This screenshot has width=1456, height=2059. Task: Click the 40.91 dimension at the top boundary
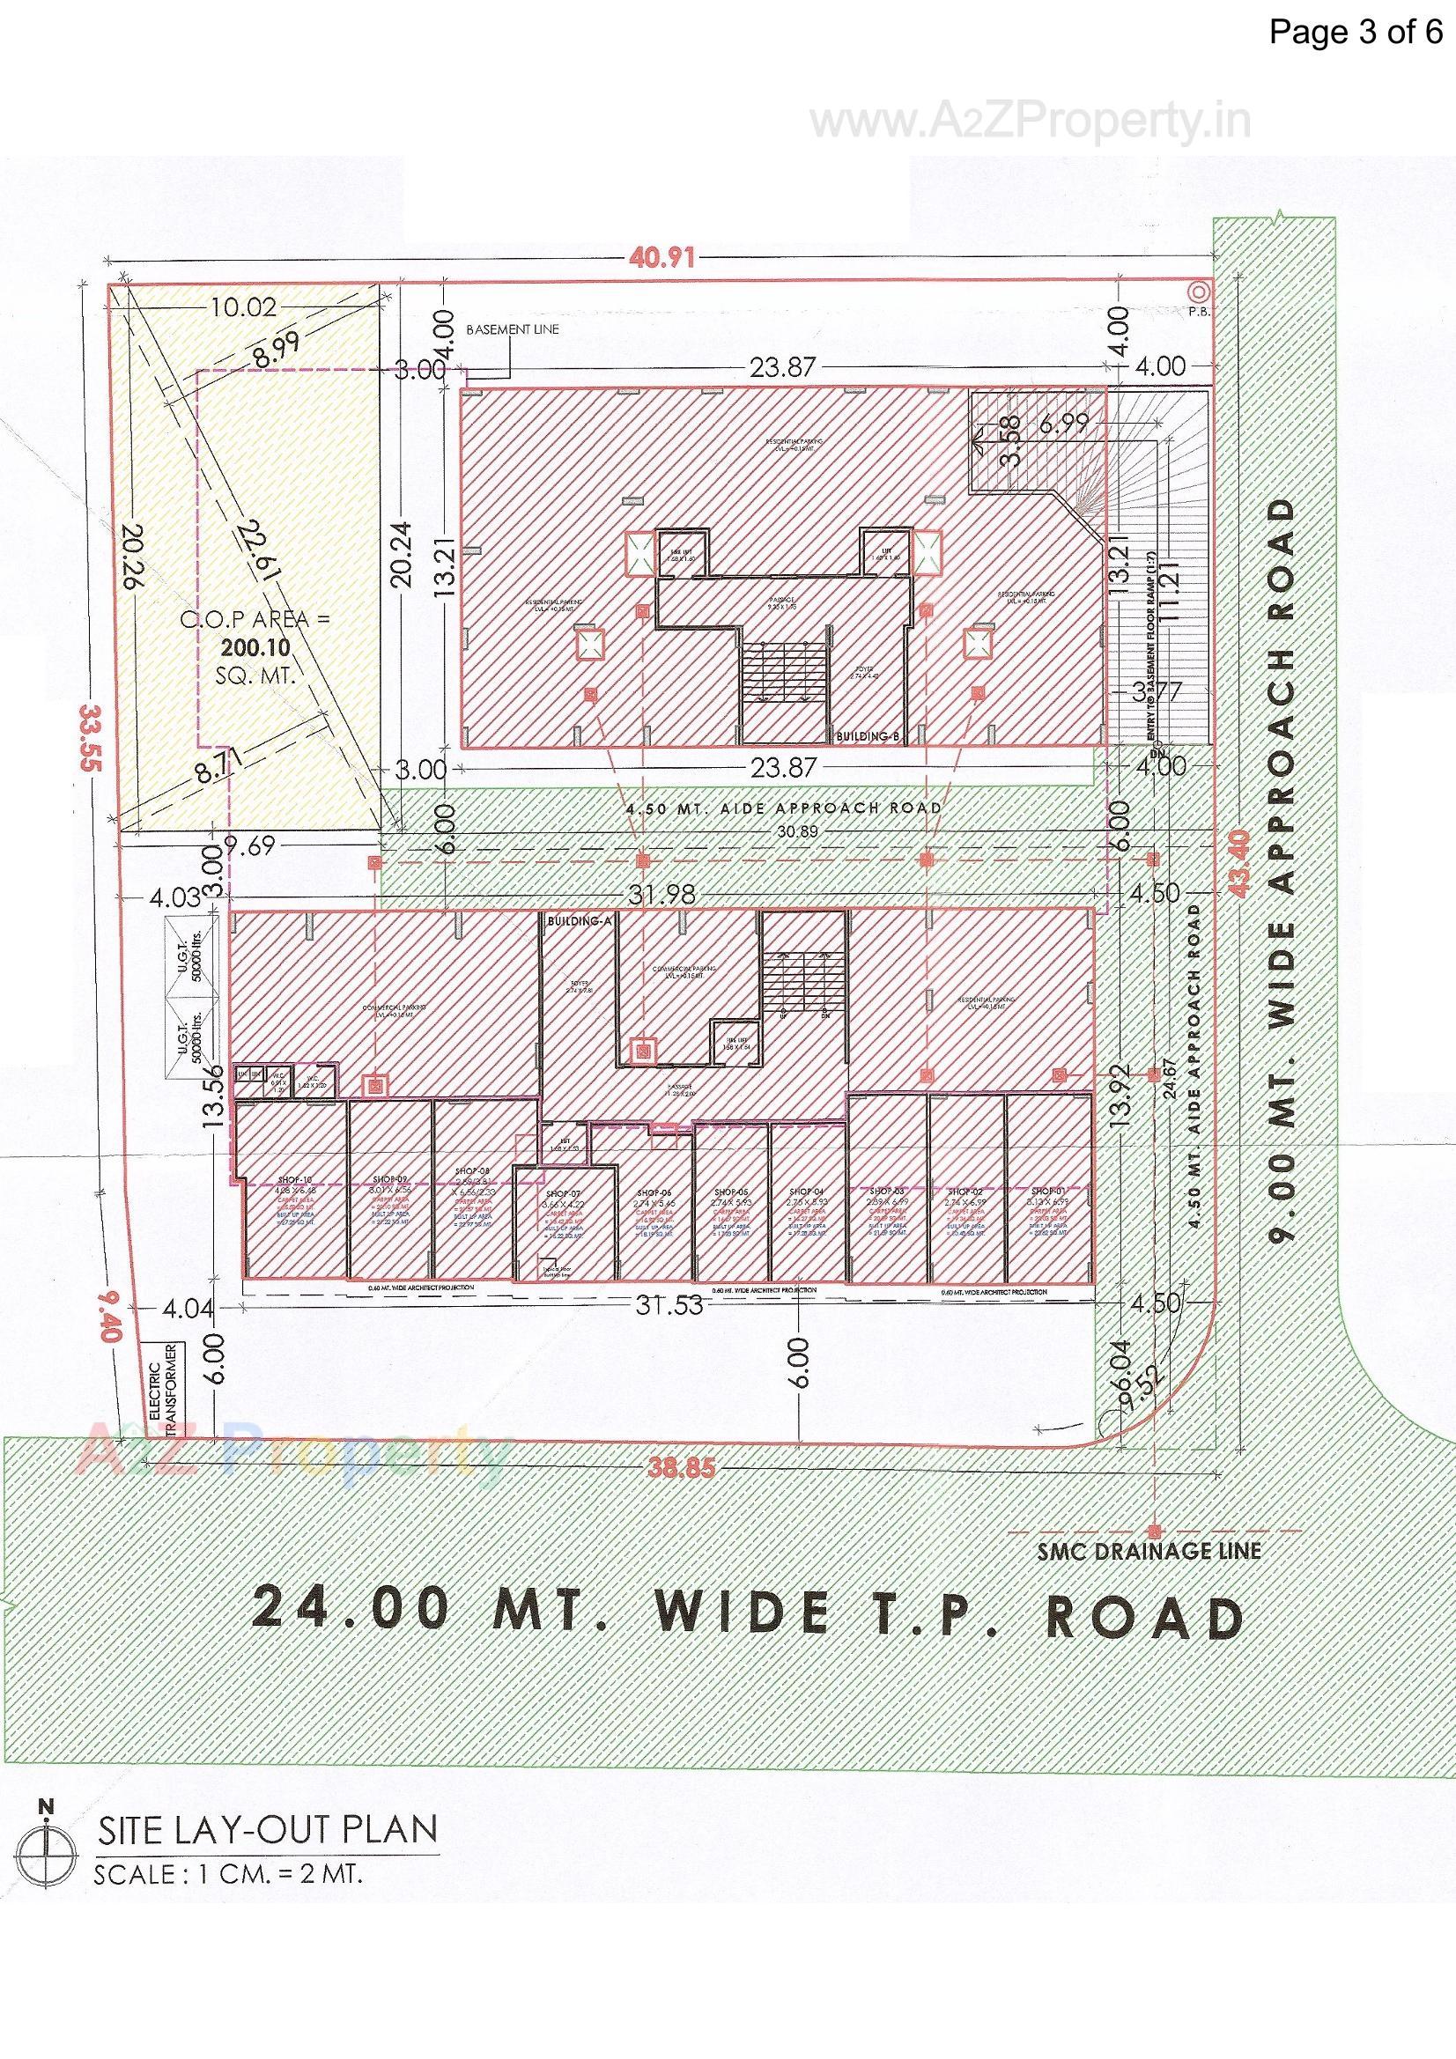662,258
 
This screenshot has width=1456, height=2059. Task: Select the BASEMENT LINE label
513,329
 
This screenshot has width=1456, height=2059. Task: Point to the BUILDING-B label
868,736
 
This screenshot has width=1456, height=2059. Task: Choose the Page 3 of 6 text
1355,33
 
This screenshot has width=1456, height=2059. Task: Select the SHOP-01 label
1049,1192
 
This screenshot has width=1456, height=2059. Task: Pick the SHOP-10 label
294,1180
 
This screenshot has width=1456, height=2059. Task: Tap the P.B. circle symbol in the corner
1197,292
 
